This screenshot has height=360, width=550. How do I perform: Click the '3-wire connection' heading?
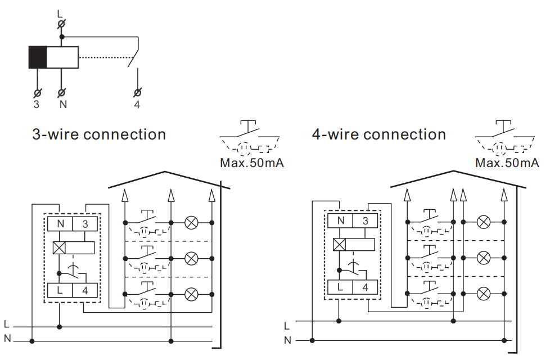pos(99,135)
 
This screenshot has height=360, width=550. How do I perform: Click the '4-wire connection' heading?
pos(379,135)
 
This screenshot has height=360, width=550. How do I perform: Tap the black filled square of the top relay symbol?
pos(38,57)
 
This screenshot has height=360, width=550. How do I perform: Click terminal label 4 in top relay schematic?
pos(137,105)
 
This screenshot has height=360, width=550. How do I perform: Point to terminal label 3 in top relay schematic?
pos(37,105)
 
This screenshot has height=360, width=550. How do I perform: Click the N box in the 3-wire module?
pos(60,224)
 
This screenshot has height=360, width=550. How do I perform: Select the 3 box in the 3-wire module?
pos(85,224)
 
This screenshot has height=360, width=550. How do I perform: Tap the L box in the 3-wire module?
pos(60,291)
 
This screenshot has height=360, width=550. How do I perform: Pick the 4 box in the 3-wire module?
pos(85,291)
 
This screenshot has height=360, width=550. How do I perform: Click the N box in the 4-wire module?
pos(340,221)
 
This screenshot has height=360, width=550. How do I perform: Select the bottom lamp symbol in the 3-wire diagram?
pos(191,294)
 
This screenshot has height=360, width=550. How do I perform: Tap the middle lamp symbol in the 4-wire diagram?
pos(483,258)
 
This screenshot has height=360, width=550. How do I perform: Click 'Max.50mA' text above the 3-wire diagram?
pos(252,164)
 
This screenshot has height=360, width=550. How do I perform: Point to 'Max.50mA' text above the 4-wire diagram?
pos(507,164)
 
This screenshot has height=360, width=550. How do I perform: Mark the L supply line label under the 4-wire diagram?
pos(287,326)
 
